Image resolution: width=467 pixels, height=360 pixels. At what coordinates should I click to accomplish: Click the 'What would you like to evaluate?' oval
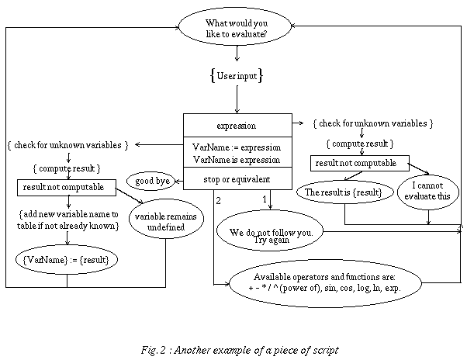[x=237, y=29]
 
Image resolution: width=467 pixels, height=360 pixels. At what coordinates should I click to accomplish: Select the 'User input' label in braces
[x=237, y=75]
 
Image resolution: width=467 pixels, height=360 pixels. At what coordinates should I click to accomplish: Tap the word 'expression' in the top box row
[x=237, y=124]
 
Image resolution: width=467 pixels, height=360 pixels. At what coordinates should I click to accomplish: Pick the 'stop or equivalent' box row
[x=236, y=179]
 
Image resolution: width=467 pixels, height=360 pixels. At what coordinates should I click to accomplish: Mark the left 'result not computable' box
[x=66, y=187]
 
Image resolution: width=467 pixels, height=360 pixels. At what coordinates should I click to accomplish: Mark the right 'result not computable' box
[x=360, y=163]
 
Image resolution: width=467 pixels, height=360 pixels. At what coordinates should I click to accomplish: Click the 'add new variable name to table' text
[x=67, y=220]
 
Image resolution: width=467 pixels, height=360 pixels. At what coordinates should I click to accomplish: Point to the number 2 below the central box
[x=219, y=201]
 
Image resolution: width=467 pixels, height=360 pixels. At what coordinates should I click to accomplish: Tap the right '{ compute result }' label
[x=360, y=144]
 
